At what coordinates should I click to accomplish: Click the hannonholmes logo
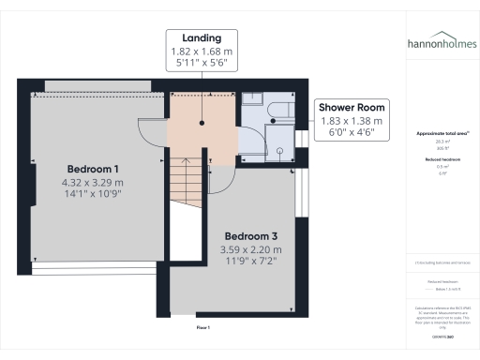coord(441,43)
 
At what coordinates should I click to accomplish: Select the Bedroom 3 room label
coord(250,236)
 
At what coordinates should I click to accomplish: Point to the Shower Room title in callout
coord(352,108)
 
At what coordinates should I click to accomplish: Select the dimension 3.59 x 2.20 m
coord(250,249)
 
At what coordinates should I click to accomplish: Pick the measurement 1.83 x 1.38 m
coord(352,121)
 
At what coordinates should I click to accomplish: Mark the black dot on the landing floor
coord(202,122)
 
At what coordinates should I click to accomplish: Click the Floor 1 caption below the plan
coord(202,327)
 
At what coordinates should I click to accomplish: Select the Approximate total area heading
coord(440,134)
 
